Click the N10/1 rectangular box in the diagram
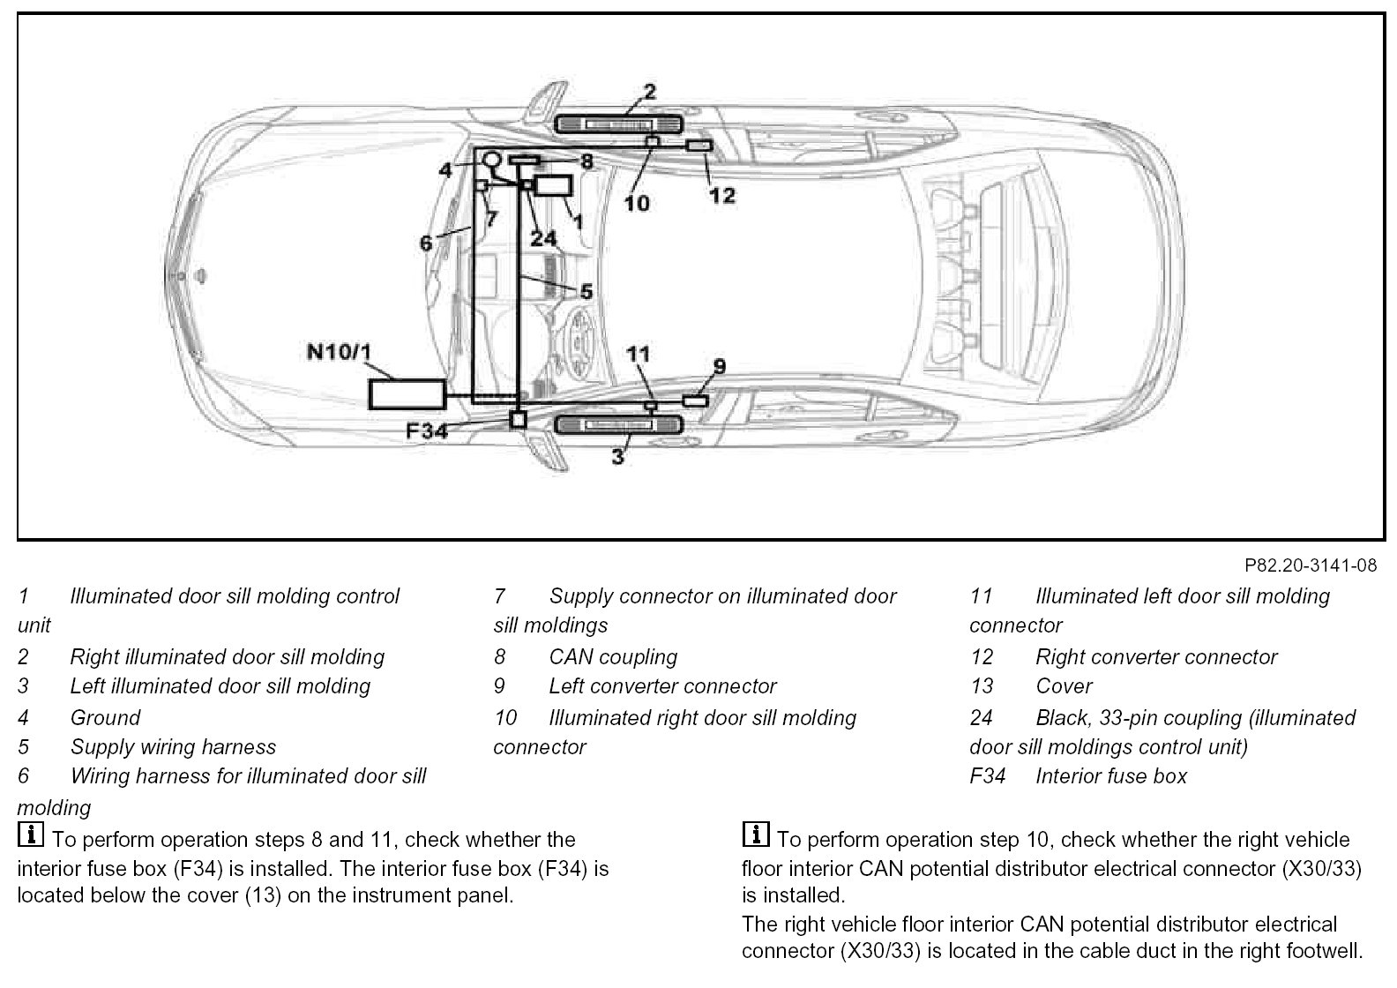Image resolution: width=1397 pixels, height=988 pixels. pyautogui.click(x=406, y=394)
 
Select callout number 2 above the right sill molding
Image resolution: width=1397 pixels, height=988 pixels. pyautogui.click(x=649, y=91)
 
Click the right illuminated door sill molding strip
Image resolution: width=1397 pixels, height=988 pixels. pyautogui.click(x=619, y=124)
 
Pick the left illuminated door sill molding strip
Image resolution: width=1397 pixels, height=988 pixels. pyautogui.click(x=619, y=425)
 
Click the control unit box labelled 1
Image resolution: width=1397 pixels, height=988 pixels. pyautogui.click(x=554, y=186)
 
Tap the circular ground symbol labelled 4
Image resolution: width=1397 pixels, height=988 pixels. pyautogui.click(x=491, y=160)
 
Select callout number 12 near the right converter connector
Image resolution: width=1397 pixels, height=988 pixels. pyautogui.click(x=721, y=195)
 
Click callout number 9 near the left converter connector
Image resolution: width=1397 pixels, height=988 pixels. pyautogui.click(x=720, y=365)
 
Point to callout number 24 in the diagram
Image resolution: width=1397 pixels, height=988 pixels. pyautogui.click(x=544, y=238)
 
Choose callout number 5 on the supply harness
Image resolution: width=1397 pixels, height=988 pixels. pyautogui.click(x=586, y=291)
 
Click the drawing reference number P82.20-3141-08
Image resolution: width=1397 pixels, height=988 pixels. pyautogui.click(x=1311, y=565)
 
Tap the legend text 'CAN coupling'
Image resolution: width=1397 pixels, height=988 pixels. pyautogui.click(x=613, y=657)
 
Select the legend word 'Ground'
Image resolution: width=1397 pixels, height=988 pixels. pyautogui.click(x=105, y=718)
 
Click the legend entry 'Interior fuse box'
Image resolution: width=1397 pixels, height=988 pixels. pyautogui.click(x=1111, y=776)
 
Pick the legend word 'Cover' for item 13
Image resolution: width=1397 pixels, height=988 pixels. pyautogui.click(x=1064, y=686)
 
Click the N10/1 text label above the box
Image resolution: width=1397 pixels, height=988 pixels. pyautogui.click(x=339, y=353)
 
